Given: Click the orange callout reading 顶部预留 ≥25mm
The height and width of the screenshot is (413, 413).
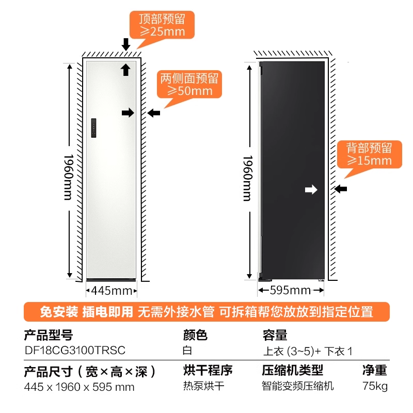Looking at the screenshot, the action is coord(162,25).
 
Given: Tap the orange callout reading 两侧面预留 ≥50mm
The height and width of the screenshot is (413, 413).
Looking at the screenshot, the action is coord(189,85).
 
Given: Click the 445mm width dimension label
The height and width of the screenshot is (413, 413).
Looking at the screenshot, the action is coord(112,290).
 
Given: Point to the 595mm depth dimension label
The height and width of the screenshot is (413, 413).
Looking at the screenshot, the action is coord(291,290).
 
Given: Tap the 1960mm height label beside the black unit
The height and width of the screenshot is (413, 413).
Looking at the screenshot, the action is coord(247,178).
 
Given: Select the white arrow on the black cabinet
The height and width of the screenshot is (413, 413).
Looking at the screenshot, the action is coord(311,190).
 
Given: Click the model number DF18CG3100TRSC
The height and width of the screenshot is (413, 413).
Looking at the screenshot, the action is coord(75,350).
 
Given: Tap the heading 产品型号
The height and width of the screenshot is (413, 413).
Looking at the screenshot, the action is coord(49,336).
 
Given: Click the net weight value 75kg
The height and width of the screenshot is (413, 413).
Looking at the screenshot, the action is coord(375,386).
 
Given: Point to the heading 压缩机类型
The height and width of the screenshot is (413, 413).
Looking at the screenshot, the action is coord(292,370).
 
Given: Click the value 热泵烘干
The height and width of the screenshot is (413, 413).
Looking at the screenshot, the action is coord(204,386).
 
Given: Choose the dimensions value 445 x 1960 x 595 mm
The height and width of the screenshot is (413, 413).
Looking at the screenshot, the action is coord(80,386).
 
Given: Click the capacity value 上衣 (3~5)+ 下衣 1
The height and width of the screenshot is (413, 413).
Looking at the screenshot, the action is coord(308,351).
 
